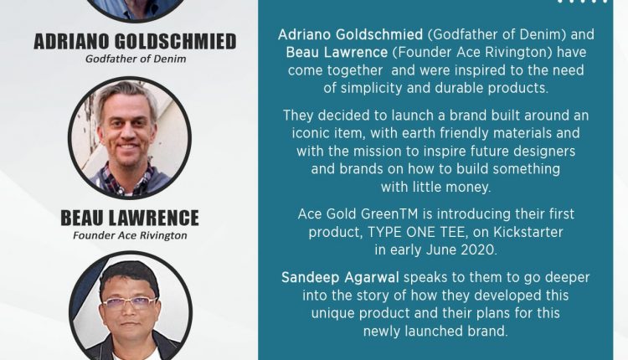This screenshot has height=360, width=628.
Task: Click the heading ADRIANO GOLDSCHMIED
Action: tap(135, 42)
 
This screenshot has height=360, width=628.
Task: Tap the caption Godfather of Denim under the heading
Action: tap(136, 59)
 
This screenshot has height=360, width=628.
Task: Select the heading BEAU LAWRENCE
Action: tap(130, 219)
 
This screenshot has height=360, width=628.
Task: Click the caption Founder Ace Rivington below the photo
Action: tap(130, 235)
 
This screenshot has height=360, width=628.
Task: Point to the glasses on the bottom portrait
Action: tap(129, 303)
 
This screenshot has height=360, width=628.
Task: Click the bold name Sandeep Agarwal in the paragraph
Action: tap(340, 277)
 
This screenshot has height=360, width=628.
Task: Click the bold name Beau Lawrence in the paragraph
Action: tap(337, 53)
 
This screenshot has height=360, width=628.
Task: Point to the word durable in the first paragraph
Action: tap(459, 88)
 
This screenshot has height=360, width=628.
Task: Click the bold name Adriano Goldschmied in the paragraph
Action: tap(351, 35)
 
